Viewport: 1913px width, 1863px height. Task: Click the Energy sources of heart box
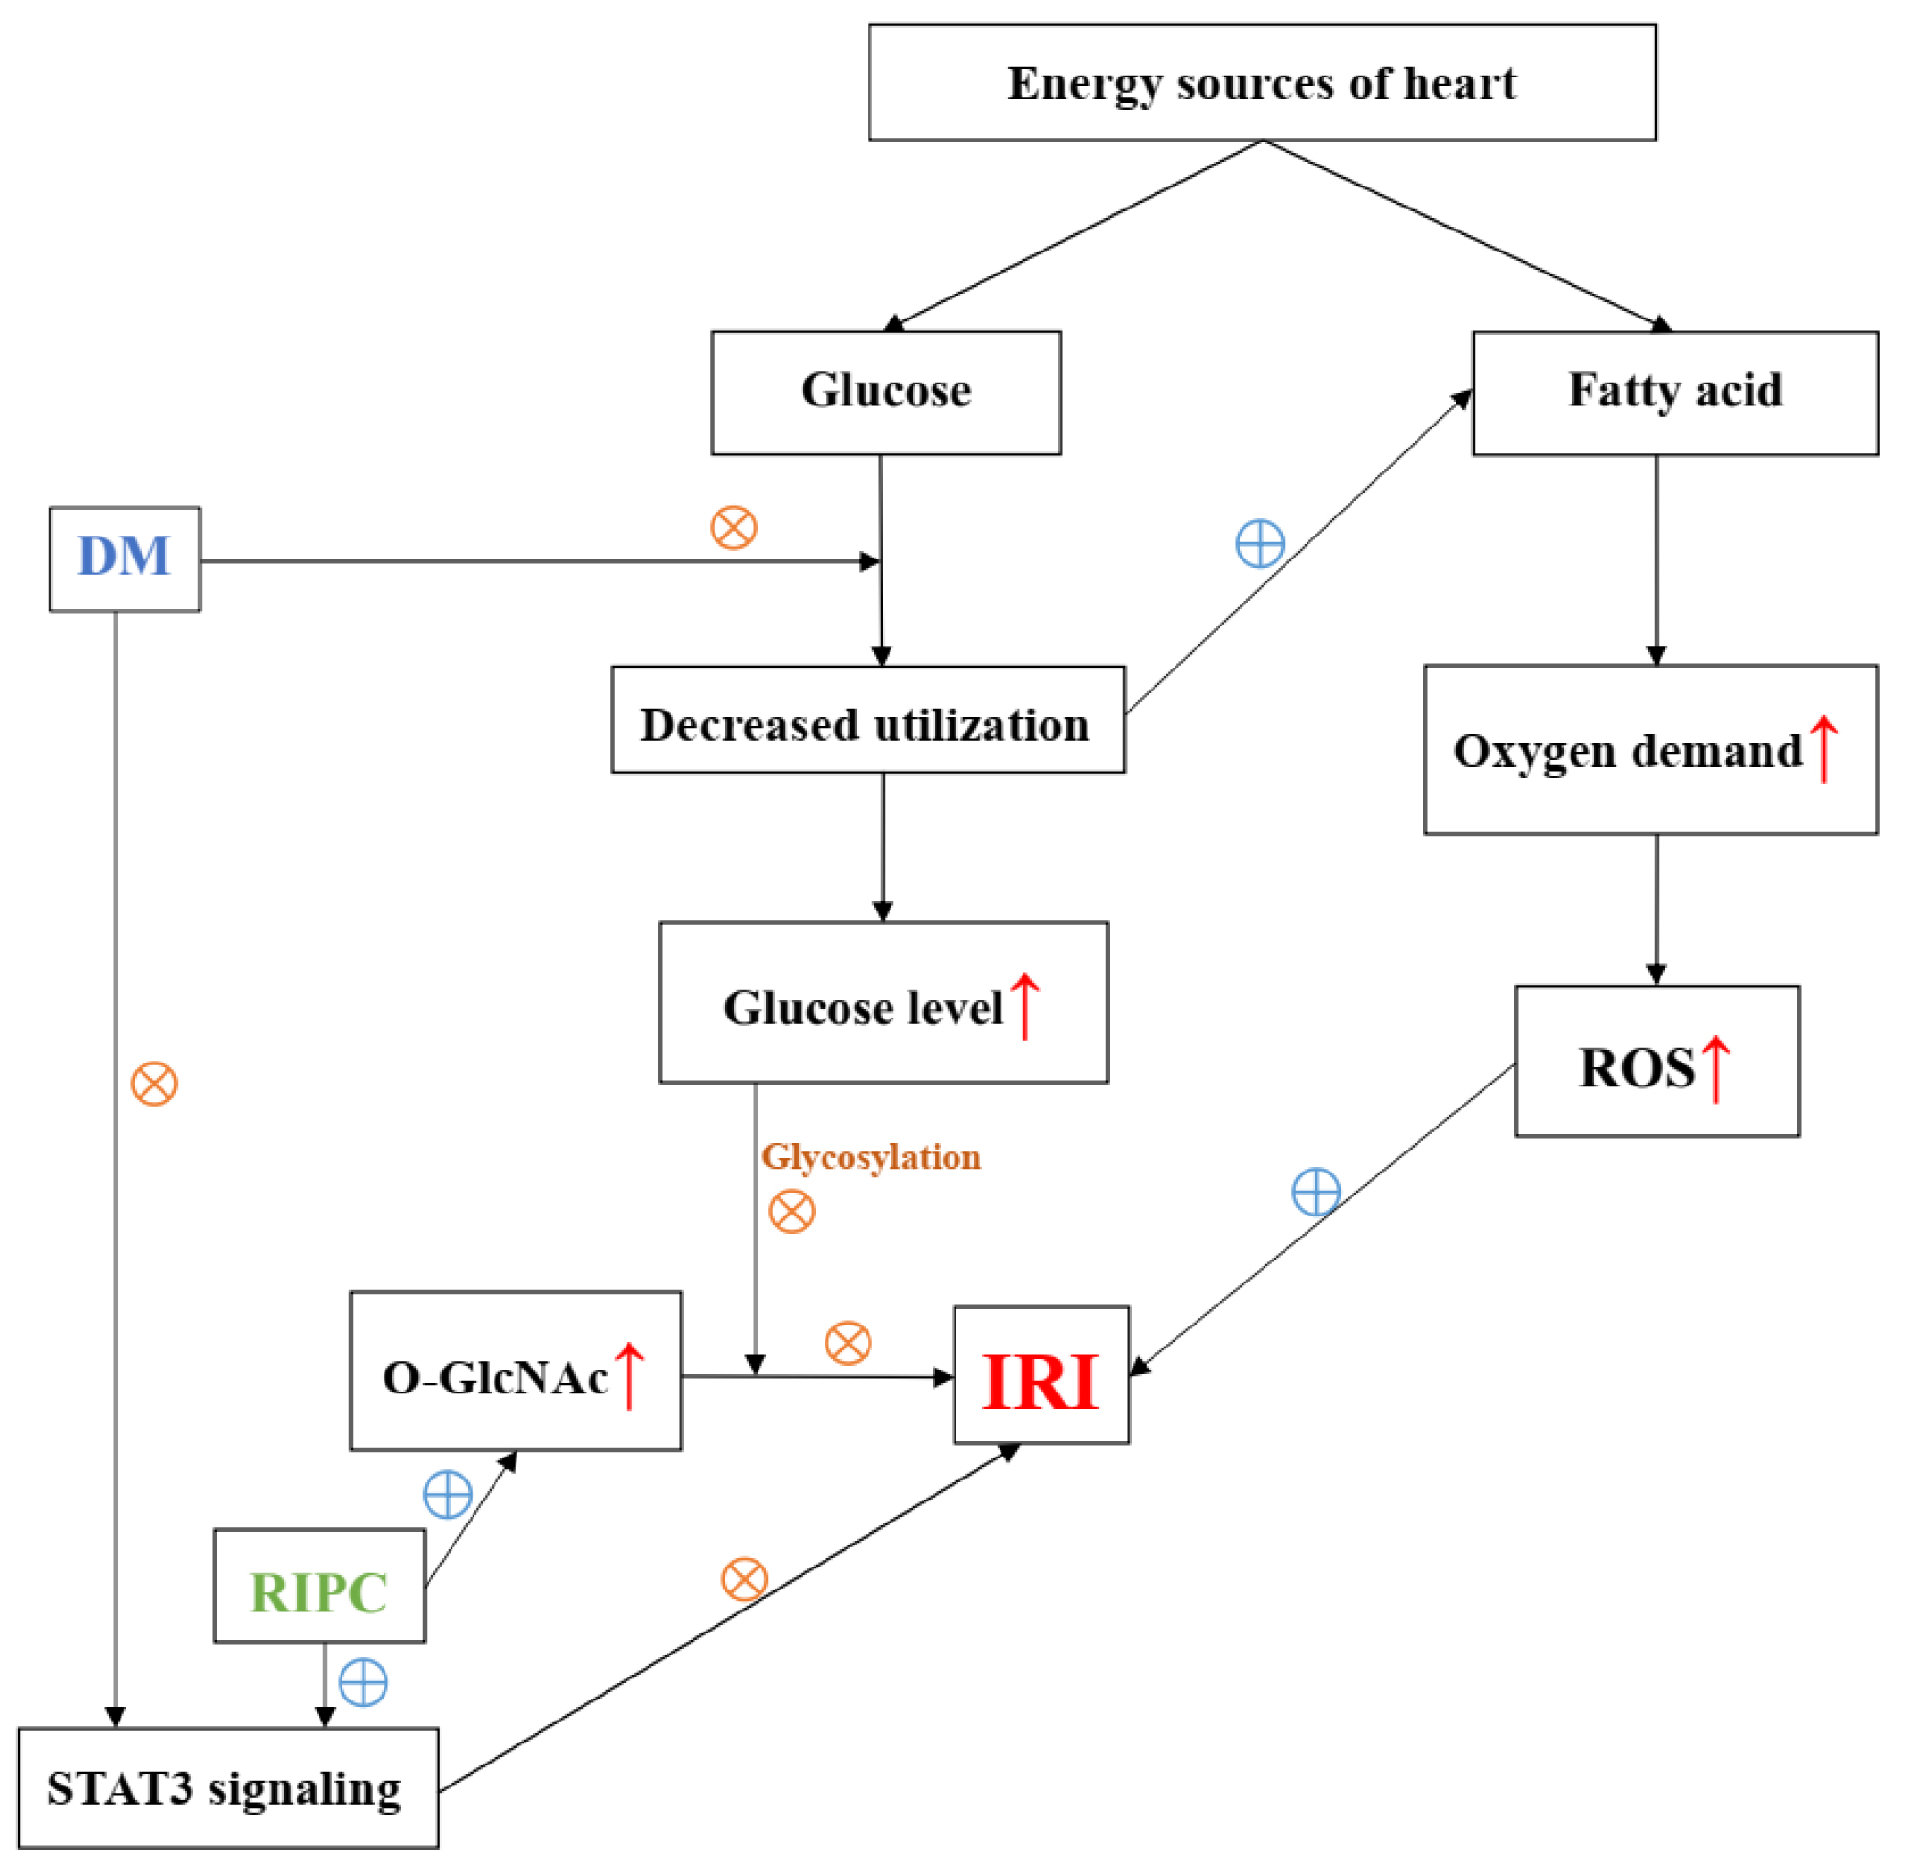1262,83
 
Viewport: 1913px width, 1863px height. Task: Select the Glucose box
886,392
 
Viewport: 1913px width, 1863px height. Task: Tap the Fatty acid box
1674,392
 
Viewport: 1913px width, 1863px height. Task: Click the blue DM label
124,557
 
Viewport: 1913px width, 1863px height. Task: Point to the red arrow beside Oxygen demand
1823,750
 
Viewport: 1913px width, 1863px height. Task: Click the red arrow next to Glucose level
1024,1006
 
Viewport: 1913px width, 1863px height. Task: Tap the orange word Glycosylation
870,1156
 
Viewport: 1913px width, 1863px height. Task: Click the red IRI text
1040,1382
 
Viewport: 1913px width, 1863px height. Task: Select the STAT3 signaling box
228,1787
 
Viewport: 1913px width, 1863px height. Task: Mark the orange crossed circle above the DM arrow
733,527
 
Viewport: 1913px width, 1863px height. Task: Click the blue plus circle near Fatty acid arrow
1260,543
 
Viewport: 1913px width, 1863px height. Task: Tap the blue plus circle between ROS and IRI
1316,1192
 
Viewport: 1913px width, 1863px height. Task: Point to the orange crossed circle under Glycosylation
792,1212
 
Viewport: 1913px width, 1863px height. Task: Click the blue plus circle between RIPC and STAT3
363,1683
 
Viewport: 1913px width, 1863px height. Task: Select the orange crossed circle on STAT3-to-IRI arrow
745,1579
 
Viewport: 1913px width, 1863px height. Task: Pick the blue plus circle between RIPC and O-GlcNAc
448,1494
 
